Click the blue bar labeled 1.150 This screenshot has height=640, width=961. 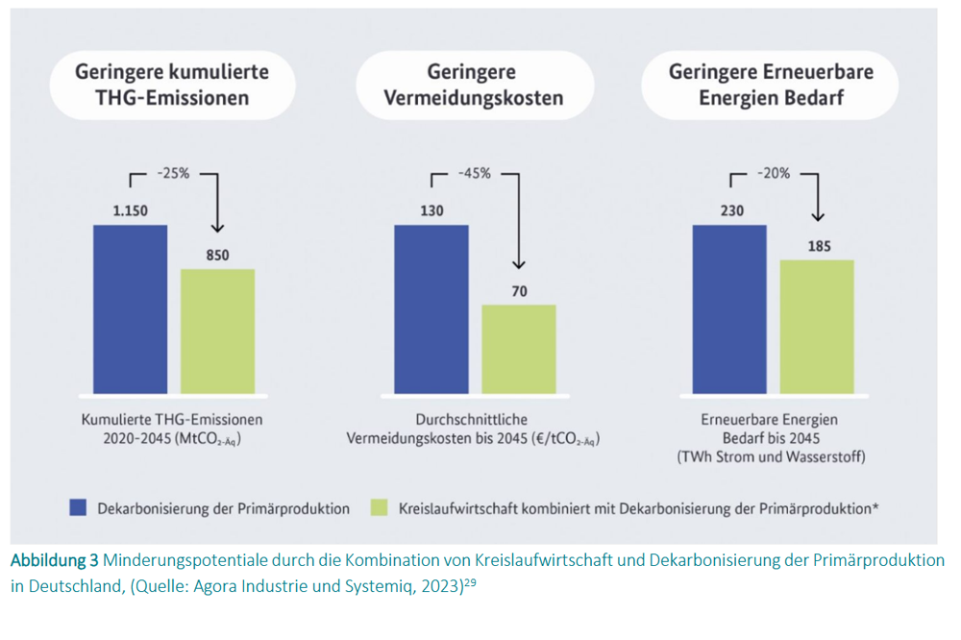[x=130, y=308]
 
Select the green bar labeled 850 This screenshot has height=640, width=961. [x=217, y=331]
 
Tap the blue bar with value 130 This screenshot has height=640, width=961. [x=431, y=308]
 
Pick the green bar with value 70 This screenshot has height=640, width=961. [x=519, y=349]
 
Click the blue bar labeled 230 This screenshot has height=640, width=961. [x=729, y=308]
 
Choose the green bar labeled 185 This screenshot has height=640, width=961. [x=817, y=326]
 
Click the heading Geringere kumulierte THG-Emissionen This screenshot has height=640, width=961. [x=172, y=85]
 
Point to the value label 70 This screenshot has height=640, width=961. [x=519, y=289]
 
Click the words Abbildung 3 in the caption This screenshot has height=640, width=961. [x=53, y=559]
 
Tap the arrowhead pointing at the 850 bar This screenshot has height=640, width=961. [x=217, y=228]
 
